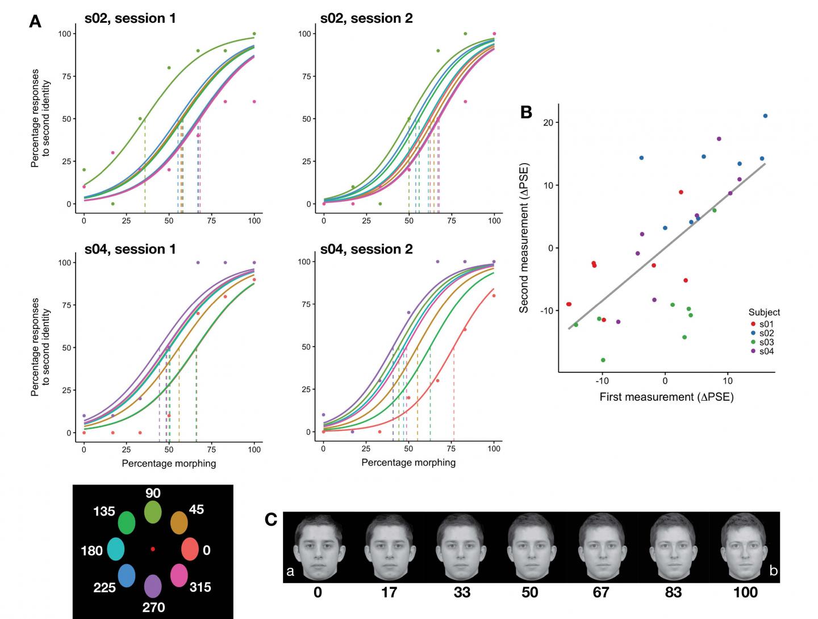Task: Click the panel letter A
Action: (35, 22)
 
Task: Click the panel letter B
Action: (526, 112)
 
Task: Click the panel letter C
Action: (272, 519)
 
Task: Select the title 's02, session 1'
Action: (130, 18)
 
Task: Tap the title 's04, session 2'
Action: (366, 249)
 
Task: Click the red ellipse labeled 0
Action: (190, 550)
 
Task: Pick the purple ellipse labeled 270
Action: (153, 586)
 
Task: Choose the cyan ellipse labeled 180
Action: (115, 549)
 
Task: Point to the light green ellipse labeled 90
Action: (153, 512)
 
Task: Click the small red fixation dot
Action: (153, 549)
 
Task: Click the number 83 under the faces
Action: (673, 592)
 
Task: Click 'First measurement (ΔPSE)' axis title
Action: (666, 397)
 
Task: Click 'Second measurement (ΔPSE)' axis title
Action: (524, 238)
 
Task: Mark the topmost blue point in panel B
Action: (765, 116)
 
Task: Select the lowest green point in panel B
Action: (603, 360)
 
